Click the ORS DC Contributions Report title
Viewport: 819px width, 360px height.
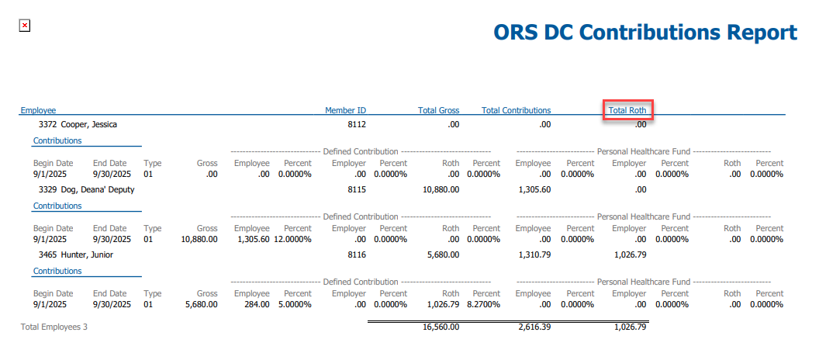pyautogui.click(x=645, y=33)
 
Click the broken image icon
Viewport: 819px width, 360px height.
pyautogui.click(x=25, y=26)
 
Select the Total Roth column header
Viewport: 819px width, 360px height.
pyautogui.click(x=627, y=111)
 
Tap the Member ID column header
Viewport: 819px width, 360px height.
pyautogui.click(x=345, y=111)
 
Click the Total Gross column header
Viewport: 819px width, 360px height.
pyautogui.click(x=439, y=111)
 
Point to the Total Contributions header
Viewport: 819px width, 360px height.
pyautogui.click(x=516, y=111)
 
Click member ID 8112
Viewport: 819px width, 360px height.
pyautogui.click(x=357, y=124)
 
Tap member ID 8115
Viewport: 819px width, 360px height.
pyautogui.click(x=357, y=189)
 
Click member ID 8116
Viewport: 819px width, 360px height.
pyautogui.click(x=357, y=254)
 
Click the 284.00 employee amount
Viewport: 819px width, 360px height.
pyautogui.click(x=257, y=305)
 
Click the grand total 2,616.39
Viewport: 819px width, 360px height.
pyautogui.click(x=534, y=327)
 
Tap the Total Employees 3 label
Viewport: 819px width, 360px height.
pyautogui.click(x=54, y=327)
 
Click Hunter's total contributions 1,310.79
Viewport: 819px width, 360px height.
pyautogui.click(x=534, y=254)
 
